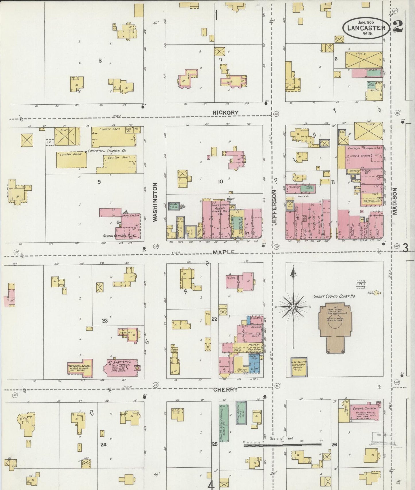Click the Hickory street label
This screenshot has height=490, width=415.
225,113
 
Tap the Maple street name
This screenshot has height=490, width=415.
224,252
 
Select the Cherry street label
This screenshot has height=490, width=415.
225,389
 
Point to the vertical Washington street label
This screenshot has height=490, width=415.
155,202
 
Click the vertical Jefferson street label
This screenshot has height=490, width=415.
274,207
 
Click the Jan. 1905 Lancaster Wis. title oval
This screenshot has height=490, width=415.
366,28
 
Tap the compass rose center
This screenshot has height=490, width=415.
293,307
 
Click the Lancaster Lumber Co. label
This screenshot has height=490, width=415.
107,151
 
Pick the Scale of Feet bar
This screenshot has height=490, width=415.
282,445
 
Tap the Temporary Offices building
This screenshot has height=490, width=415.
299,367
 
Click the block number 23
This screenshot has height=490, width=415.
105,321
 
